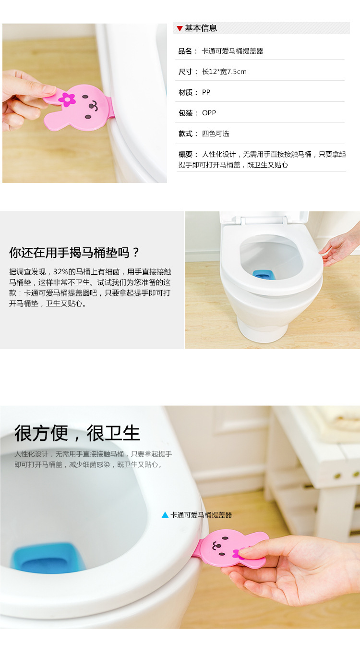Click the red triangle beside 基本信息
pyautogui.click(x=180, y=28)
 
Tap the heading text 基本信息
pyautogui.click(x=201, y=28)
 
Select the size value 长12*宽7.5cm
pyautogui.click(x=224, y=72)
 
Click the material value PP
pyautogui.click(x=206, y=92)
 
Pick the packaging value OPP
pyautogui.click(x=209, y=113)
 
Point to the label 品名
pyautogui.click(x=186, y=51)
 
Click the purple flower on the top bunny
pyautogui.click(x=67, y=99)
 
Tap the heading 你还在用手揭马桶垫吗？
pyautogui.click(x=74, y=253)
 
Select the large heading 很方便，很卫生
pyautogui.click(x=77, y=433)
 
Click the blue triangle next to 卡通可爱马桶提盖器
pyautogui.click(x=165, y=515)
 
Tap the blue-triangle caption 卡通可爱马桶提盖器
pyautogui.click(x=201, y=515)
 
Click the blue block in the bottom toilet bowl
pyautogui.click(x=48, y=558)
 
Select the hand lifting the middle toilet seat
pyautogui.click(x=340, y=247)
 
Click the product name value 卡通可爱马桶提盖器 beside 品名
pyautogui.click(x=232, y=51)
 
